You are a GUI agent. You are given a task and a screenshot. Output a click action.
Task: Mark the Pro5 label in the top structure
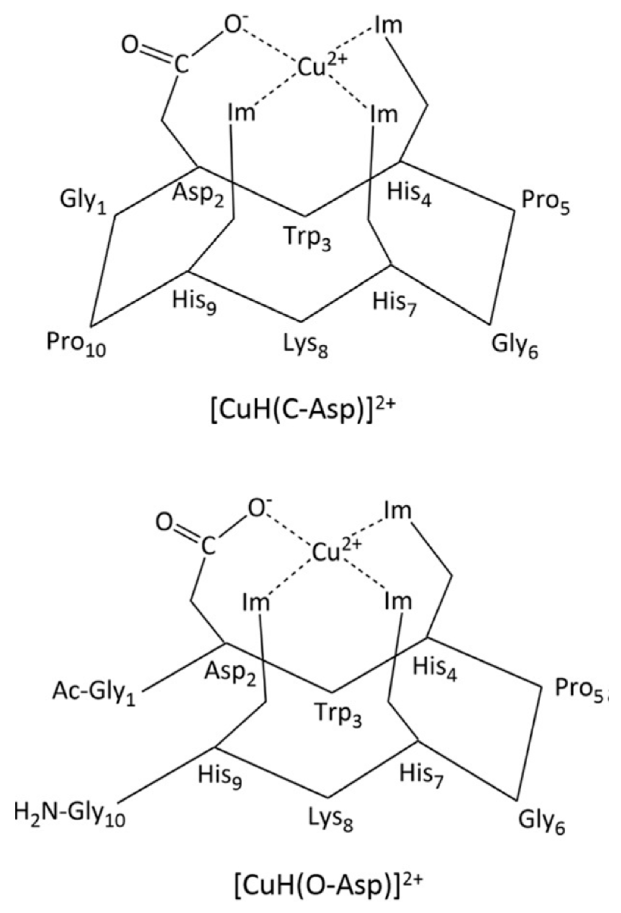pyautogui.click(x=546, y=205)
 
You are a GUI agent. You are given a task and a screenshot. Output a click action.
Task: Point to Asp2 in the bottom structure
pyautogui.click(x=230, y=675)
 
